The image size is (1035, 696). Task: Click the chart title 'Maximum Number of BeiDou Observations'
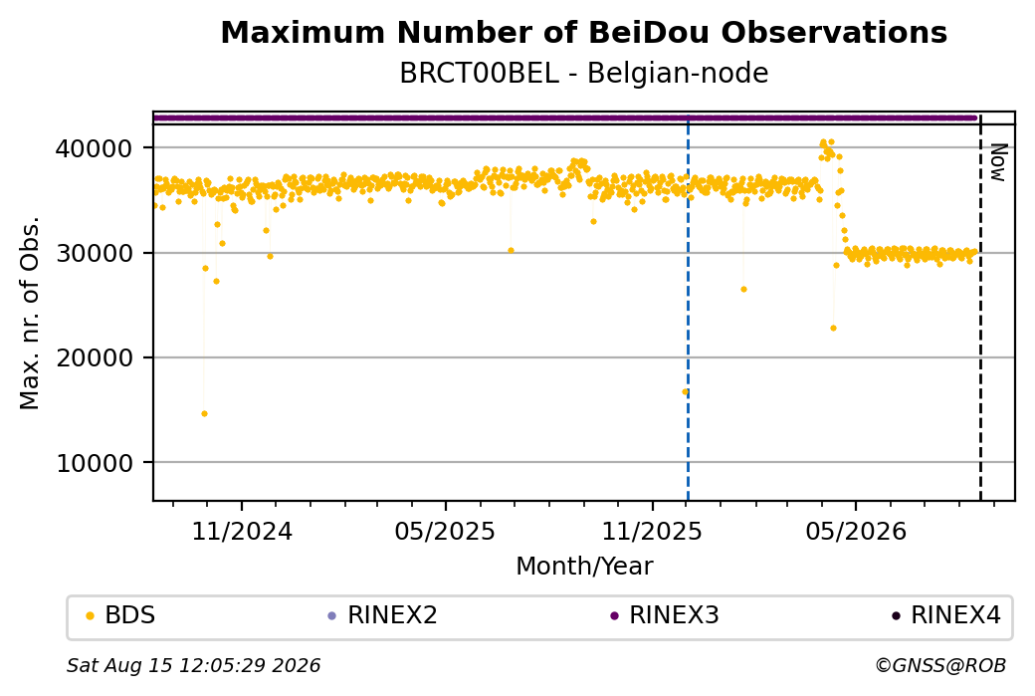[583, 32]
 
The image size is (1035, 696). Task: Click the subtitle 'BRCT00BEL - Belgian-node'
[583, 74]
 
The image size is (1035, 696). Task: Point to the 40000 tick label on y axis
[95, 148]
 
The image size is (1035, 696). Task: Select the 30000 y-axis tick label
[95, 253]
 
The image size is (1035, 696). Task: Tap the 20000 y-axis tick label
[95, 357]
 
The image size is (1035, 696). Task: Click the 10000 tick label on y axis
[95, 463]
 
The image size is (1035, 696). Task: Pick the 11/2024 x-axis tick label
[242, 531]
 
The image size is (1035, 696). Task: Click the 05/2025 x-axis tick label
[445, 531]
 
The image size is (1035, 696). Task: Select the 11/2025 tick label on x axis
[652, 531]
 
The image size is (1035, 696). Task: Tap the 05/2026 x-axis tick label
[856, 531]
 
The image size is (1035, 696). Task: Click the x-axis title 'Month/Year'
[584, 566]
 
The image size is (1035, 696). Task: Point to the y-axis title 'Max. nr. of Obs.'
[30, 313]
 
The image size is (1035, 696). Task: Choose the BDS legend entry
[120, 615]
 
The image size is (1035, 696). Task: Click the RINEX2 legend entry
[383, 615]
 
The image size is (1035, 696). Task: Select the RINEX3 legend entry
[665, 615]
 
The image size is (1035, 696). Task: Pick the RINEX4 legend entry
[946, 615]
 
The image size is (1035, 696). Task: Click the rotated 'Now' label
[999, 162]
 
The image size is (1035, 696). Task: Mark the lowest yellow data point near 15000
[205, 414]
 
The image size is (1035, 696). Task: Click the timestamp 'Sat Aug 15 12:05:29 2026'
[193, 665]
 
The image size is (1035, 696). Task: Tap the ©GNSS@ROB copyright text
[940, 665]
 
